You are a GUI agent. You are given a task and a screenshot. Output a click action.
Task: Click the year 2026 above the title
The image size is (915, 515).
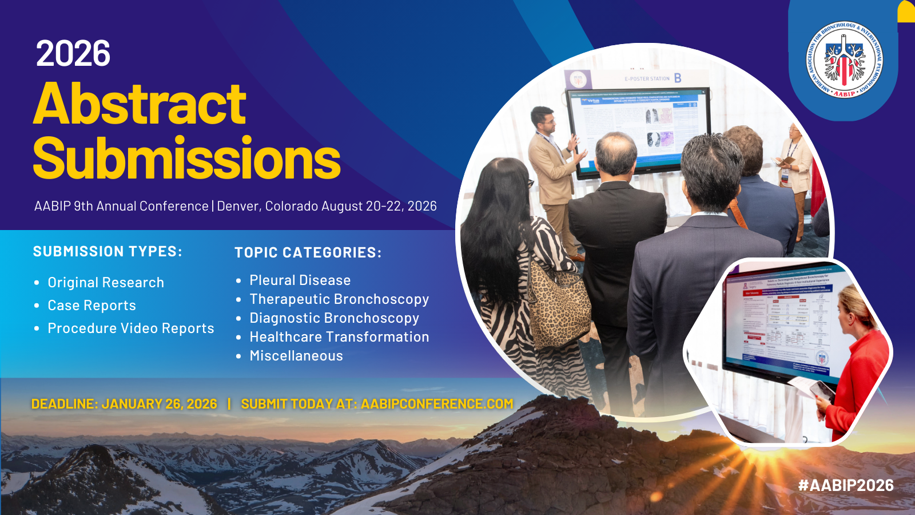pyautogui.click(x=73, y=54)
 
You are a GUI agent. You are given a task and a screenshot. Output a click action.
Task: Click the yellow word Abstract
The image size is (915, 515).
pyautogui.click(x=140, y=104)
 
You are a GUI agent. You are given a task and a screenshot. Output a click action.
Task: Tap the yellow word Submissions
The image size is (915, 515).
pyautogui.click(x=186, y=159)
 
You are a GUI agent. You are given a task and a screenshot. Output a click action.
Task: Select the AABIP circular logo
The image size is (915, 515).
pyautogui.click(x=844, y=60)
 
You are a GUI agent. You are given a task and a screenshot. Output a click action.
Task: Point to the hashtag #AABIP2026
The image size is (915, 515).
pyautogui.click(x=846, y=485)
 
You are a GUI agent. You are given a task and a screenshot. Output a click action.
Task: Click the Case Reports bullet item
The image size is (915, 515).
pyautogui.click(x=91, y=306)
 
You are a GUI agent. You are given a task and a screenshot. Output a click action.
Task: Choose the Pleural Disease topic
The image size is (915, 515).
pyautogui.click(x=300, y=280)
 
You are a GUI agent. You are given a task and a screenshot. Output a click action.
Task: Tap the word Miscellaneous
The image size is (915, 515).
pyautogui.click(x=296, y=356)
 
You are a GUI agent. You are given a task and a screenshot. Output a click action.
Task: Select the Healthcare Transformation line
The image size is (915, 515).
pyautogui.click(x=339, y=337)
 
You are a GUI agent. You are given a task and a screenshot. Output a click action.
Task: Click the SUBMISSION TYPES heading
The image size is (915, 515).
pyautogui.click(x=108, y=252)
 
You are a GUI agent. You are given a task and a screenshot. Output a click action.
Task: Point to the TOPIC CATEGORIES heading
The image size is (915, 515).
pyautogui.click(x=308, y=253)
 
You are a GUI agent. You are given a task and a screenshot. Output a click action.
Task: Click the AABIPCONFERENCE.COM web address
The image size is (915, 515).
pyautogui.click(x=437, y=404)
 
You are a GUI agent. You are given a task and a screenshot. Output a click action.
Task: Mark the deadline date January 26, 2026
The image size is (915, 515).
pyautogui.click(x=159, y=404)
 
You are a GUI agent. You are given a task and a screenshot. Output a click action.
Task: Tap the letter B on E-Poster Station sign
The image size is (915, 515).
pyautogui.click(x=678, y=78)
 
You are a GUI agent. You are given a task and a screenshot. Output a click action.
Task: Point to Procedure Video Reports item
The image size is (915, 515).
pyautogui.click(x=130, y=328)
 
